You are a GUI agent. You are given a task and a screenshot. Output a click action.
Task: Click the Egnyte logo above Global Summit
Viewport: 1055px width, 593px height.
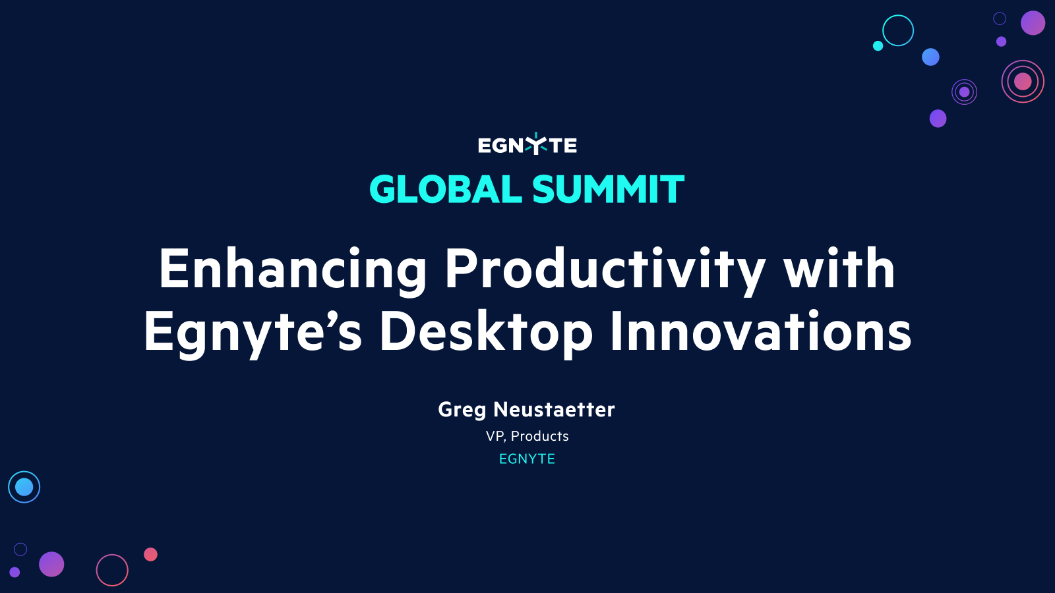click(527, 144)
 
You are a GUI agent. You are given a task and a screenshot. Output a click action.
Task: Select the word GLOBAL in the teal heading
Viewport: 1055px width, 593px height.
click(446, 190)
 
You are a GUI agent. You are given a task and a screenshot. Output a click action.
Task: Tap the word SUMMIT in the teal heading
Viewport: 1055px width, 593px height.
click(608, 190)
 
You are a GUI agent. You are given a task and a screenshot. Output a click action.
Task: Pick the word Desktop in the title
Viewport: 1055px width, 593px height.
click(486, 331)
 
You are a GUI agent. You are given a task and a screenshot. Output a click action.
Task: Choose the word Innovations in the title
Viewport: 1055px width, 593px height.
click(760, 331)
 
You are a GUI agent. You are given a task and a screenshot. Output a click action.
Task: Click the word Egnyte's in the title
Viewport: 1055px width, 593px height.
click(253, 331)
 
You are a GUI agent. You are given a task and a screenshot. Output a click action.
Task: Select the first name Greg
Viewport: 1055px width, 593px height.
click(462, 410)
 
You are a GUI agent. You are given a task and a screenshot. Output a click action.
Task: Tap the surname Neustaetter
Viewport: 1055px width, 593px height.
click(554, 410)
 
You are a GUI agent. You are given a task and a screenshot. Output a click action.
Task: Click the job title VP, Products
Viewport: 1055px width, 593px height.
click(527, 436)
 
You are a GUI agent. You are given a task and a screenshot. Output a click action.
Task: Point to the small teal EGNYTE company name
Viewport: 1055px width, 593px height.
click(527, 459)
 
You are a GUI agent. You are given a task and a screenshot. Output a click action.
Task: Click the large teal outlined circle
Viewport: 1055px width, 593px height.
click(898, 30)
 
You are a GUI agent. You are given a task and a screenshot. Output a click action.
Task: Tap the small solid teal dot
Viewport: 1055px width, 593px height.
click(878, 45)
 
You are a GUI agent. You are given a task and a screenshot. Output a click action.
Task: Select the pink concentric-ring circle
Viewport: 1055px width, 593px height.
click(1023, 82)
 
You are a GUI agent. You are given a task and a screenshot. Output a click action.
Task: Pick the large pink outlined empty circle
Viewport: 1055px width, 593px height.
click(112, 570)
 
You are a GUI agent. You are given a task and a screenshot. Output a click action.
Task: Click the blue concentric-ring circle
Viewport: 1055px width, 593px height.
click(24, 487)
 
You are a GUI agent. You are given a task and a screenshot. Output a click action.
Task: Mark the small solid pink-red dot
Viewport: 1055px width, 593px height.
click(150, 554)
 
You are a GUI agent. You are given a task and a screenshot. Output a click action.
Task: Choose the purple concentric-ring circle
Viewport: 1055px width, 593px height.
click(964, 92)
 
